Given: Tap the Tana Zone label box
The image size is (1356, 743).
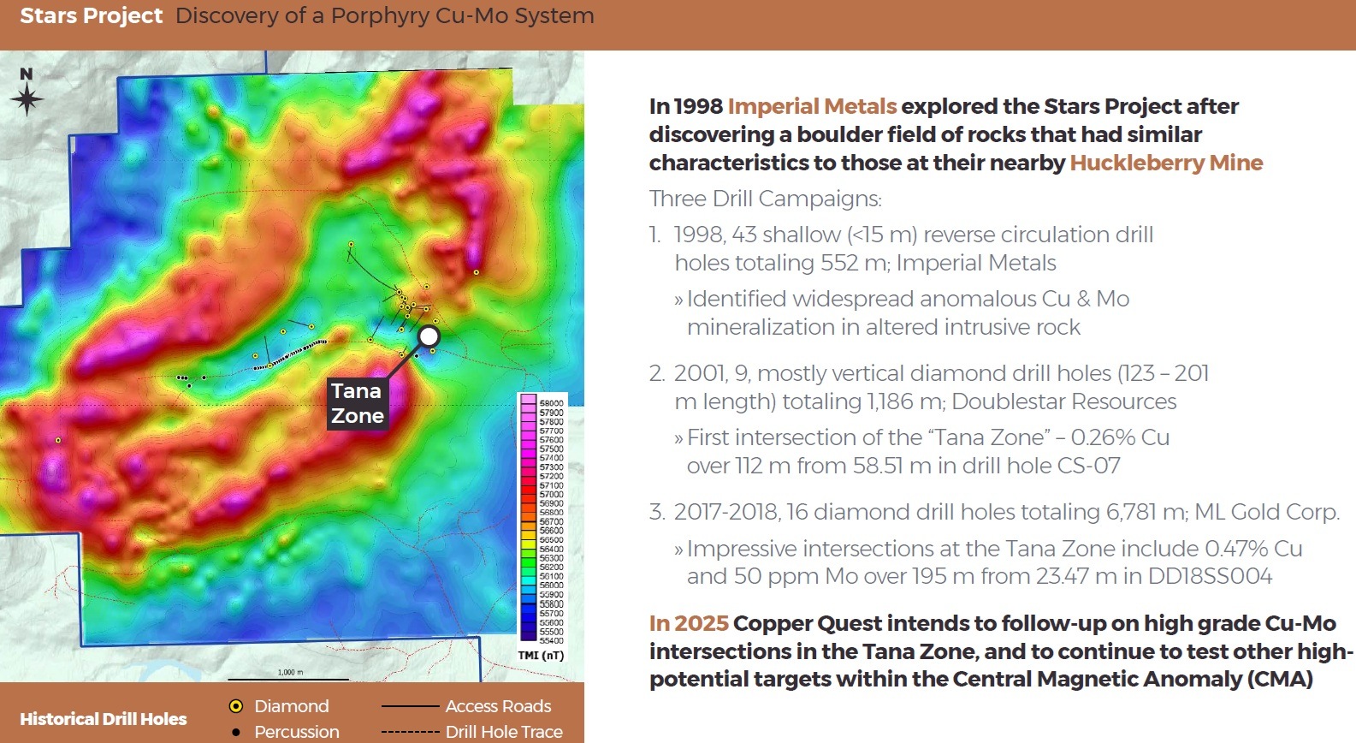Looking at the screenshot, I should [x=357, y=403].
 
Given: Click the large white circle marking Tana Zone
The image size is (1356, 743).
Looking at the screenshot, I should [x=429, y=336].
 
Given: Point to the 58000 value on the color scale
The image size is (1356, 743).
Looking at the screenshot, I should [x=551, y=402].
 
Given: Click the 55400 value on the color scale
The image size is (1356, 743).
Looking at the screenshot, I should [x=551, y=640].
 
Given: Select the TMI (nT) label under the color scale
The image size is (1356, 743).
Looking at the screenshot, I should [x=541, y=656].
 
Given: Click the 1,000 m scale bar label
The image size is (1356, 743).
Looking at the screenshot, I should [x=290, y=672].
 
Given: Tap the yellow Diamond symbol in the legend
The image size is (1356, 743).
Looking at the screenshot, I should [x=236, y=706].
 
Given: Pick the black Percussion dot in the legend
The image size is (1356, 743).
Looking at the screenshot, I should [x=236, y=732].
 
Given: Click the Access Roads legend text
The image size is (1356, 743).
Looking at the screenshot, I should [x=498, y=706].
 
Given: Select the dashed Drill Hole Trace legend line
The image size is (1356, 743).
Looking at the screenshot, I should [x=410, y=732].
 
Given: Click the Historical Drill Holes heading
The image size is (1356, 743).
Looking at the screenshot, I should [x=104, y=719].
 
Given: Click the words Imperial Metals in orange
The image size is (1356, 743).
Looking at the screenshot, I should [x=812, y=106].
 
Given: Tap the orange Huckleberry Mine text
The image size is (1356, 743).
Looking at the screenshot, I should [x=1166, y=163].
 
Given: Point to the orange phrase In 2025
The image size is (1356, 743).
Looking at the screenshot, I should [x=689, y=623].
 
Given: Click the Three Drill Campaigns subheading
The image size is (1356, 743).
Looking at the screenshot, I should [x=765, y=199].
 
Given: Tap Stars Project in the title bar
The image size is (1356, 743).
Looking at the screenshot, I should [x=91, y=15].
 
